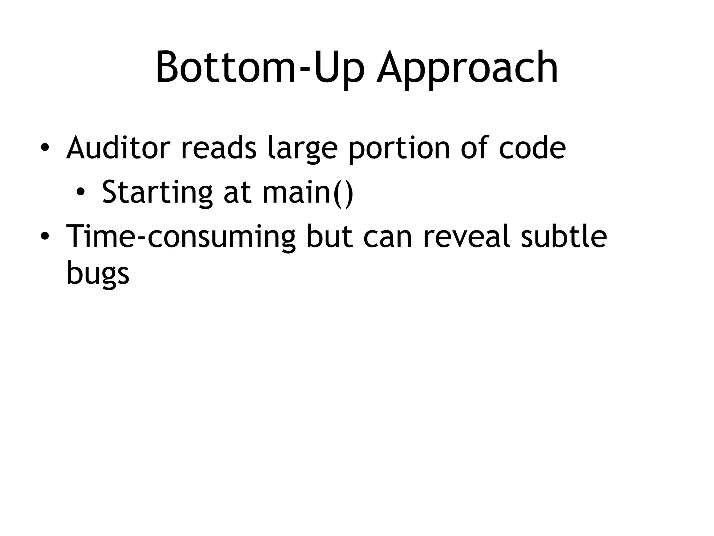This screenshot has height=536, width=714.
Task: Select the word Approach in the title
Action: click(467, 70)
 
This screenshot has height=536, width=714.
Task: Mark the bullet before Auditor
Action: click(44, 148)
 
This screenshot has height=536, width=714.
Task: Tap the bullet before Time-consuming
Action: click(44, 237)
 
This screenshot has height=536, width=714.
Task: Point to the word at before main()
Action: click(237, 193)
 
